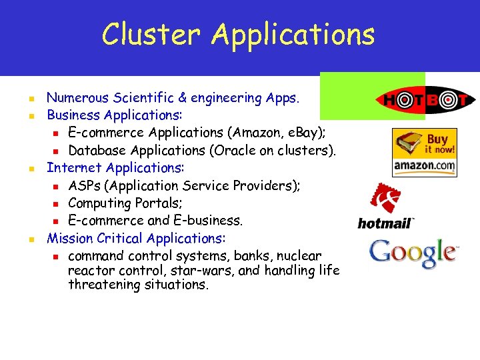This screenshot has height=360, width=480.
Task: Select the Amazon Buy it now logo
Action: [x=424, y=152]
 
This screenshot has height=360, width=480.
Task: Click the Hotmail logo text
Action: [x=386, y=223]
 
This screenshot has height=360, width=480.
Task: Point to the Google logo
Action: [x=413, y=253]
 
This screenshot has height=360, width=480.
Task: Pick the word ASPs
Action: [x=83, y=185]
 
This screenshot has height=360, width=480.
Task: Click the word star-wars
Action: [x=227, y=271]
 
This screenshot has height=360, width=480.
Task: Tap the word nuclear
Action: [x=299, y=255]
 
